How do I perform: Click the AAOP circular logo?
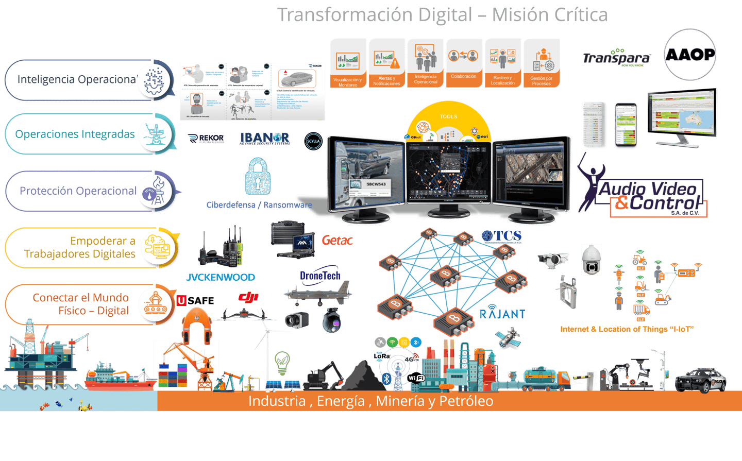pyautogui.click(x=689, y=55)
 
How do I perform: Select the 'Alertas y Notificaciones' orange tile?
pyautogui.click(x=386, y=63)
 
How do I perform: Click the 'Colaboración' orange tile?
pyautogui.click(x=464, y=63)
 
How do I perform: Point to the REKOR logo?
pyautogui.click(x=206, y=139)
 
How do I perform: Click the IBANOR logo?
pyautogui.click(x=264, y=138)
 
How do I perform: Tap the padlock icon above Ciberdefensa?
pyautogui.click(x=258, y=177)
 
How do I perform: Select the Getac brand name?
pyautogui.click(x=338, y=240)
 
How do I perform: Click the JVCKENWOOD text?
pyautogui.click(x=221, y=277)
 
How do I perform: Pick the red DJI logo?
pyautogui.click(x=248, y=297)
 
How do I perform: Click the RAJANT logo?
pyautogui.click(x=502, y=313)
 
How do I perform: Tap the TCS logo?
pyautogui.click(x=501, y=237)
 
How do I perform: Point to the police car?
pyautogui.click(x=700, y=380)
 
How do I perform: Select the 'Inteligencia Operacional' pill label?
pyautogui.click(x=77, y=79)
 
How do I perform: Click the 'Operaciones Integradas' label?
pyautogui.click(x=75, y=134)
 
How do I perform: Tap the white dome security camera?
pyautogui.click(x=592, y=260)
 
